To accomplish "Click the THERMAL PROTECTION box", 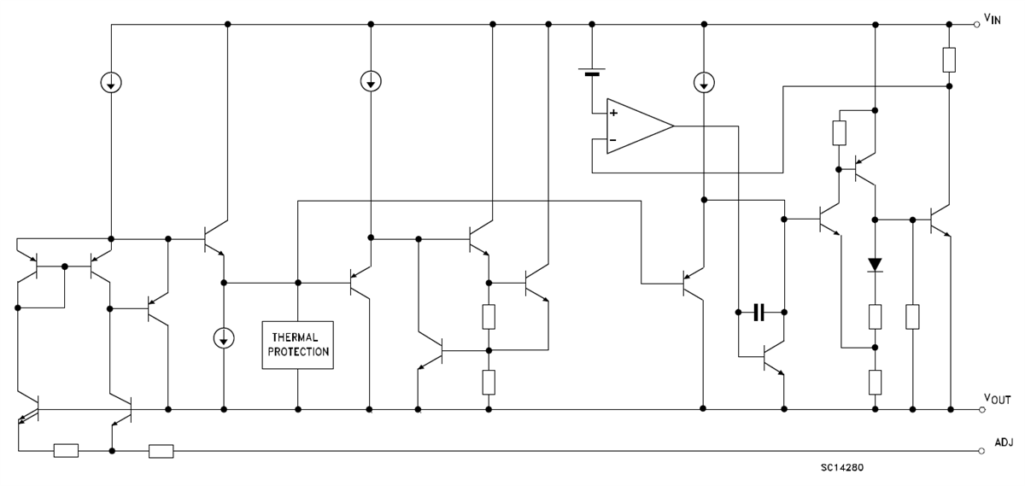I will coord(298,345).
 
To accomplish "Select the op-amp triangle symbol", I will coord(636,126).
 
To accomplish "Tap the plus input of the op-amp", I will coord(613,113).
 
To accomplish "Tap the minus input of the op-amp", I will coord(613,140).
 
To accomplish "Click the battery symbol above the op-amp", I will coord(591,72).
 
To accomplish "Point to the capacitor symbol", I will coord(759,313).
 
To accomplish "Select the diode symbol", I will coord(874,265).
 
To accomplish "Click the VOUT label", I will coord(998,399).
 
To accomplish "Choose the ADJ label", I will coord(1004,442).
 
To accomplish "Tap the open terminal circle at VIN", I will coord(978,25).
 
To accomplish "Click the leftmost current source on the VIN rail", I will coord(111,82).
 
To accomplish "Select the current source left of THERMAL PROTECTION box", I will coord(223,337).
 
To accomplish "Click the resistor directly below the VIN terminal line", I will coord(949,60).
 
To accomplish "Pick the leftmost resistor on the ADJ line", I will coord(66,451).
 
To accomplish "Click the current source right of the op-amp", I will coord(703,82).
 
